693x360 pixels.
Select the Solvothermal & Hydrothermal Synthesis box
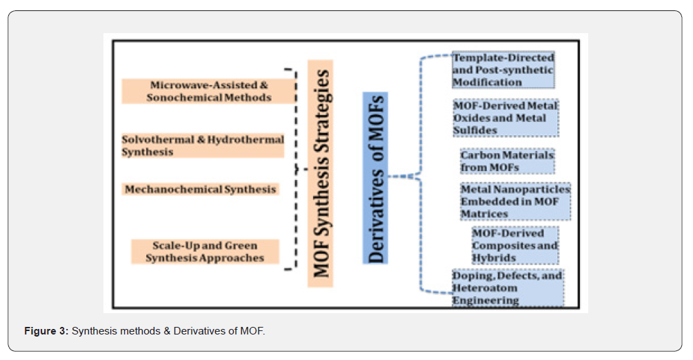203,146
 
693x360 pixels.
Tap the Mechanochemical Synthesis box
201,189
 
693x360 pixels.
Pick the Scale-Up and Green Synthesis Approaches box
205,252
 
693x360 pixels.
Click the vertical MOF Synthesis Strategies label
321,172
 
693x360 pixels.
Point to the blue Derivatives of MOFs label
376,178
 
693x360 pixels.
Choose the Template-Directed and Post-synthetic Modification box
503,70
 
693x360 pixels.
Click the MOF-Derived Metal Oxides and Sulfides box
505,118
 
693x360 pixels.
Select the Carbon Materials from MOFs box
507,161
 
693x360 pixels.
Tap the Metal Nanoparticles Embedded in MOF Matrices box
515,201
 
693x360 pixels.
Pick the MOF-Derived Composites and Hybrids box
514,246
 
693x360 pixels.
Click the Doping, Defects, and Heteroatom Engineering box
507,288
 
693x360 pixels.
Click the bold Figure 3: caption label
46,332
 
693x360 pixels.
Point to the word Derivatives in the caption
192,332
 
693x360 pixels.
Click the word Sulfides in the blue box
474,130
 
